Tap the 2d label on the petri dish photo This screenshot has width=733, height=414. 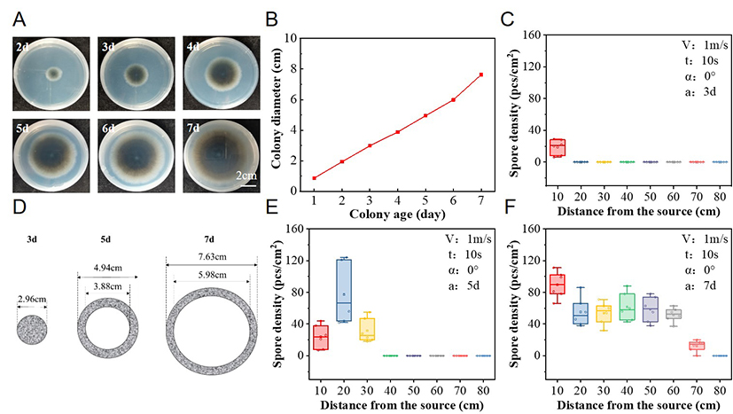[24, 46]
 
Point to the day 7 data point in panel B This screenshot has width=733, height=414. [481, 74]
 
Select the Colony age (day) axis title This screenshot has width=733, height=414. [398, 214]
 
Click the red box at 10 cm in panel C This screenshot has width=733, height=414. [557, 147]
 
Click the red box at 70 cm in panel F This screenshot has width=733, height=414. [698, 345]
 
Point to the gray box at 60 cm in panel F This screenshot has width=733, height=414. [675, 314]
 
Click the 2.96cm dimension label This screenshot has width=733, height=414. [32, 298]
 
